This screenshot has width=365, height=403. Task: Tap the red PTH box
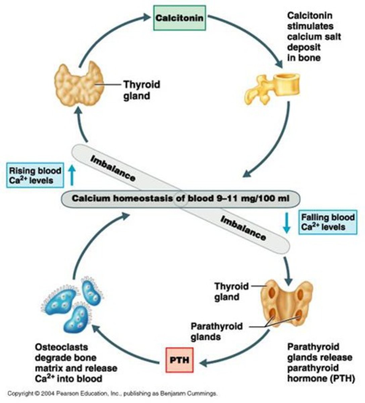point(180,360)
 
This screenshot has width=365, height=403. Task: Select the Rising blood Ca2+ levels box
point(35,175)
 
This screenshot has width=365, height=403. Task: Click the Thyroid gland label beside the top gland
point(141,90)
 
